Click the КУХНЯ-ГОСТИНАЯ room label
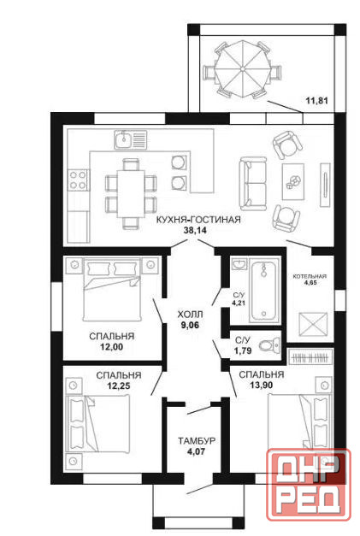click(198, 220)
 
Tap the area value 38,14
click(195, 231)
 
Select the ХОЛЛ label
click(190, 314)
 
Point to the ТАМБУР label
click(197, 441)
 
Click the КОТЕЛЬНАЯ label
click(310, 276)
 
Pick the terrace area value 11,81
click(316, 101)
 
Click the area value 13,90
click(261, 386)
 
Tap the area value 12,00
click(111, 347)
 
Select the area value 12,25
click(118, 386)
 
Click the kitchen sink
click(130, 139)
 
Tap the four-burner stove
click(79, 180)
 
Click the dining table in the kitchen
click(132, 193)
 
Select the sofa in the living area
click(253, 184)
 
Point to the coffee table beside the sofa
click(293, 181)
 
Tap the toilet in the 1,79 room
click(269, 346)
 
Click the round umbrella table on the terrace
click(242, 69)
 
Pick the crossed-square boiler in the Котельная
click(313, 324)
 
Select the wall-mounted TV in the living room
click(325, 185)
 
